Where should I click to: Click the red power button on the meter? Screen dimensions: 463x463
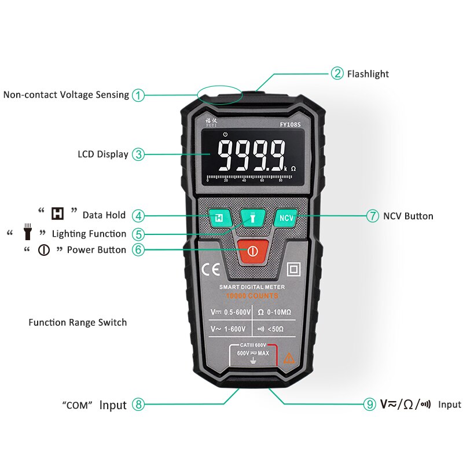click(252, 251)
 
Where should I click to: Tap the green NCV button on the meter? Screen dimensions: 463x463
click(285, 218)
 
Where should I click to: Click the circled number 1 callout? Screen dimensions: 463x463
click(138, 95)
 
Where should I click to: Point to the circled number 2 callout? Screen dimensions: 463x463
click(337, 74)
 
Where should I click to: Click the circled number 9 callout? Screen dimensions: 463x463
click(370, 405)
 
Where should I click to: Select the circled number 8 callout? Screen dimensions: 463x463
click(138, 405)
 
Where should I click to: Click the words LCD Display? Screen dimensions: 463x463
click(103, 155)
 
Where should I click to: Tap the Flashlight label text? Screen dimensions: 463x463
click(368, 74)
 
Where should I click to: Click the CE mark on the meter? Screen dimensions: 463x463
click(209, 270)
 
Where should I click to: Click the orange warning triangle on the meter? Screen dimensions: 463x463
click(289, 359)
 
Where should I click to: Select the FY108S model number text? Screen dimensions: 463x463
click(291, 124)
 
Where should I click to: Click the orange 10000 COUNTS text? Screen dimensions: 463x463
click(252, 296)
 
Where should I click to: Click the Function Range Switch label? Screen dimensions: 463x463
click(78, 322)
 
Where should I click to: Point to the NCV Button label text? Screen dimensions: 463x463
click(408, 216)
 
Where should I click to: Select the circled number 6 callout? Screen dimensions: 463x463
click(138, 250)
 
